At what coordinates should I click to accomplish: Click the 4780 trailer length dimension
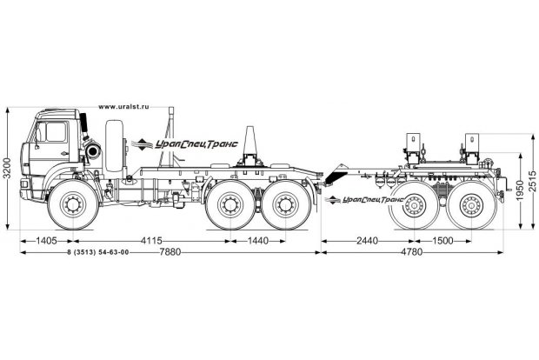(423, 252)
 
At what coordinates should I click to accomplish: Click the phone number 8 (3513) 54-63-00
(97, 252)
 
